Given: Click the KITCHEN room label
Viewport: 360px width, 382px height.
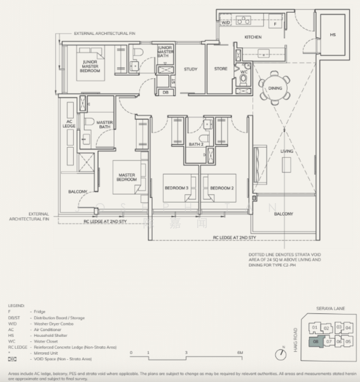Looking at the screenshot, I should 253,38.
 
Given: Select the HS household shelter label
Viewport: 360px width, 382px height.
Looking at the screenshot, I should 333,36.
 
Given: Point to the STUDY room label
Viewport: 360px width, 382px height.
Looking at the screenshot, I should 190,69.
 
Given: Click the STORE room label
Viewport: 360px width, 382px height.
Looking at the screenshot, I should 220,69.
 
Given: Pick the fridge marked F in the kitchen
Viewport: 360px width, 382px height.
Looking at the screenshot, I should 275,23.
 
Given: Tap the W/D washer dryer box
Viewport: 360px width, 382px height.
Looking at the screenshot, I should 226,23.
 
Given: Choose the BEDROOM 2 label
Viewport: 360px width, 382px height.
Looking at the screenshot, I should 221,188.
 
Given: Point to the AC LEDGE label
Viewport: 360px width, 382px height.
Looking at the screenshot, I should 69,127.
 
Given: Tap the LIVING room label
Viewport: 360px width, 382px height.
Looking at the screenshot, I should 287,151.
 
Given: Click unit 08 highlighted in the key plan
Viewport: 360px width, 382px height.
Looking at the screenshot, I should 316,342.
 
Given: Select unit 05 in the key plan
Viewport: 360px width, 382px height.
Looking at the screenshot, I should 348,342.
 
